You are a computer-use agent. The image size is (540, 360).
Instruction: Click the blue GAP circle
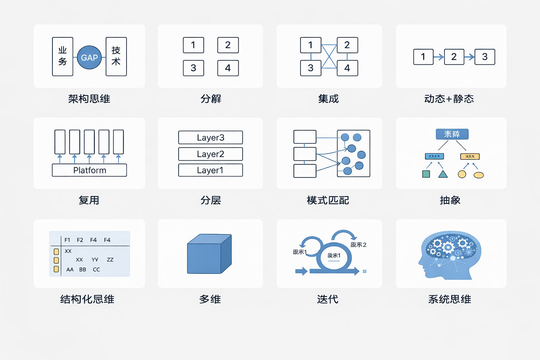(x=89, y=57)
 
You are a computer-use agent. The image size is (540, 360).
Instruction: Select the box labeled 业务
(x=63, y=57)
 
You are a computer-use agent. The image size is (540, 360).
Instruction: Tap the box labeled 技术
(x=116, y=57)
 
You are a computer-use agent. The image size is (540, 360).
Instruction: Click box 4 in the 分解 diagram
(x=228, y=68)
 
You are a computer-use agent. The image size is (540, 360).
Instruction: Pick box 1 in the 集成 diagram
(x=310, y=45)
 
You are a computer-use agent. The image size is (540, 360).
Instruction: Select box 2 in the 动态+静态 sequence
(x=454, y=57)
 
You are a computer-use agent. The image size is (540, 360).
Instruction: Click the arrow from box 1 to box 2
(x=439, y=57)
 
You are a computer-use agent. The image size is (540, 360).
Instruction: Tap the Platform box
(x=89, y=170)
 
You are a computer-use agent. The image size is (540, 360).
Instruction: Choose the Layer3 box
(x=210, y=137)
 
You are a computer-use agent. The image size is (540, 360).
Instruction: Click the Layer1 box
(x=210, y=170)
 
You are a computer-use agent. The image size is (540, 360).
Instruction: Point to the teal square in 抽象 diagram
(x=426, y=174)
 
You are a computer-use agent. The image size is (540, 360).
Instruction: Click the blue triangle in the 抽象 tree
(x=443, y=174)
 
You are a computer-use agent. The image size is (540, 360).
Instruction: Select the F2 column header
(x=80, y=240)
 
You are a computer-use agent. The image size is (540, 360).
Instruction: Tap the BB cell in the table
(x=83, y=270)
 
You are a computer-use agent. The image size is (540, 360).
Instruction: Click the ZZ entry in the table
(x=110, y=260)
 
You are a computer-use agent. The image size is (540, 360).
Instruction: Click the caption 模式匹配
(x=328, y=200)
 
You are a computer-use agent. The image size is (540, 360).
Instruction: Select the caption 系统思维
(x=450, y=299)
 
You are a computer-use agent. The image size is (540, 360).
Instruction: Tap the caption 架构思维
(x=89, y=99)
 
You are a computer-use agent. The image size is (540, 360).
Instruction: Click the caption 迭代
(x=328, y=299)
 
